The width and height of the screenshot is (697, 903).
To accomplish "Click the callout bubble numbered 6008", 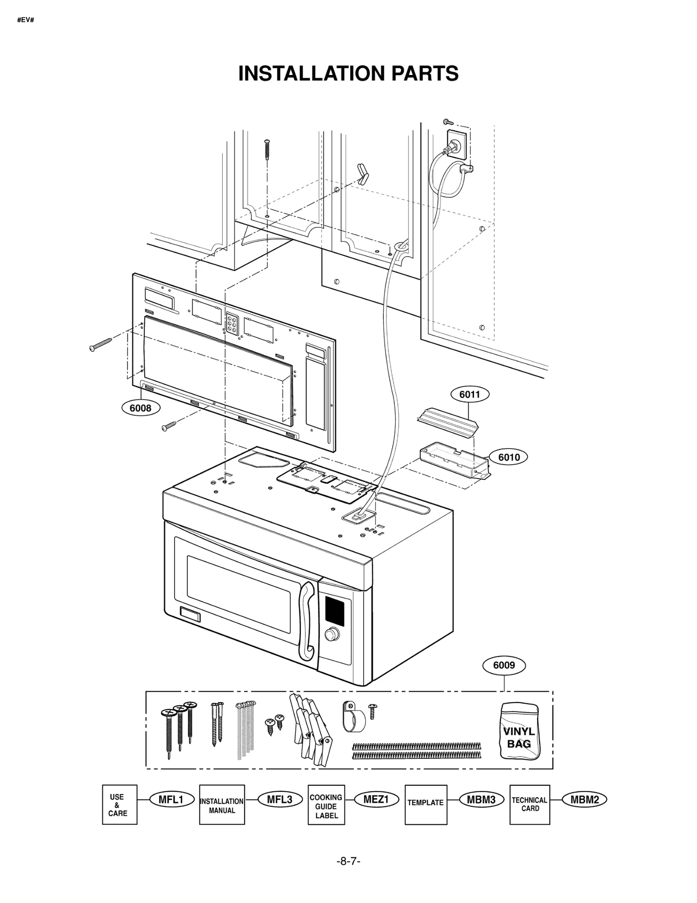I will tap(140, 408).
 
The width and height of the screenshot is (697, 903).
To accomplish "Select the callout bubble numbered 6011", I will tap(469, 394).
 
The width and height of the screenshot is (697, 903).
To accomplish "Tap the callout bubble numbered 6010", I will tap(508, 457).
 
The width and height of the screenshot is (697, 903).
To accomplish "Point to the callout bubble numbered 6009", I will tap(504, 665).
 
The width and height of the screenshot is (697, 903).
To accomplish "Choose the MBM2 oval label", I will tap(585, 799).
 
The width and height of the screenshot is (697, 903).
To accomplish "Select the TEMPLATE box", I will tap(426, 805).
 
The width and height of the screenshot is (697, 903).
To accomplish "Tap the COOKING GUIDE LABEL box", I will tap(326, 805).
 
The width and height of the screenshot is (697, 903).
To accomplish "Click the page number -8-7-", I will tap(348, 861).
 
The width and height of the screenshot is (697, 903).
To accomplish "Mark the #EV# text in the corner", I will tap(25, 20).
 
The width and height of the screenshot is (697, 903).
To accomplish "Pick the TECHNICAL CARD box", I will tap(529, 805).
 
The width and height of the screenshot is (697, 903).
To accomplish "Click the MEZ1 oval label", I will tap(376, 799).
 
